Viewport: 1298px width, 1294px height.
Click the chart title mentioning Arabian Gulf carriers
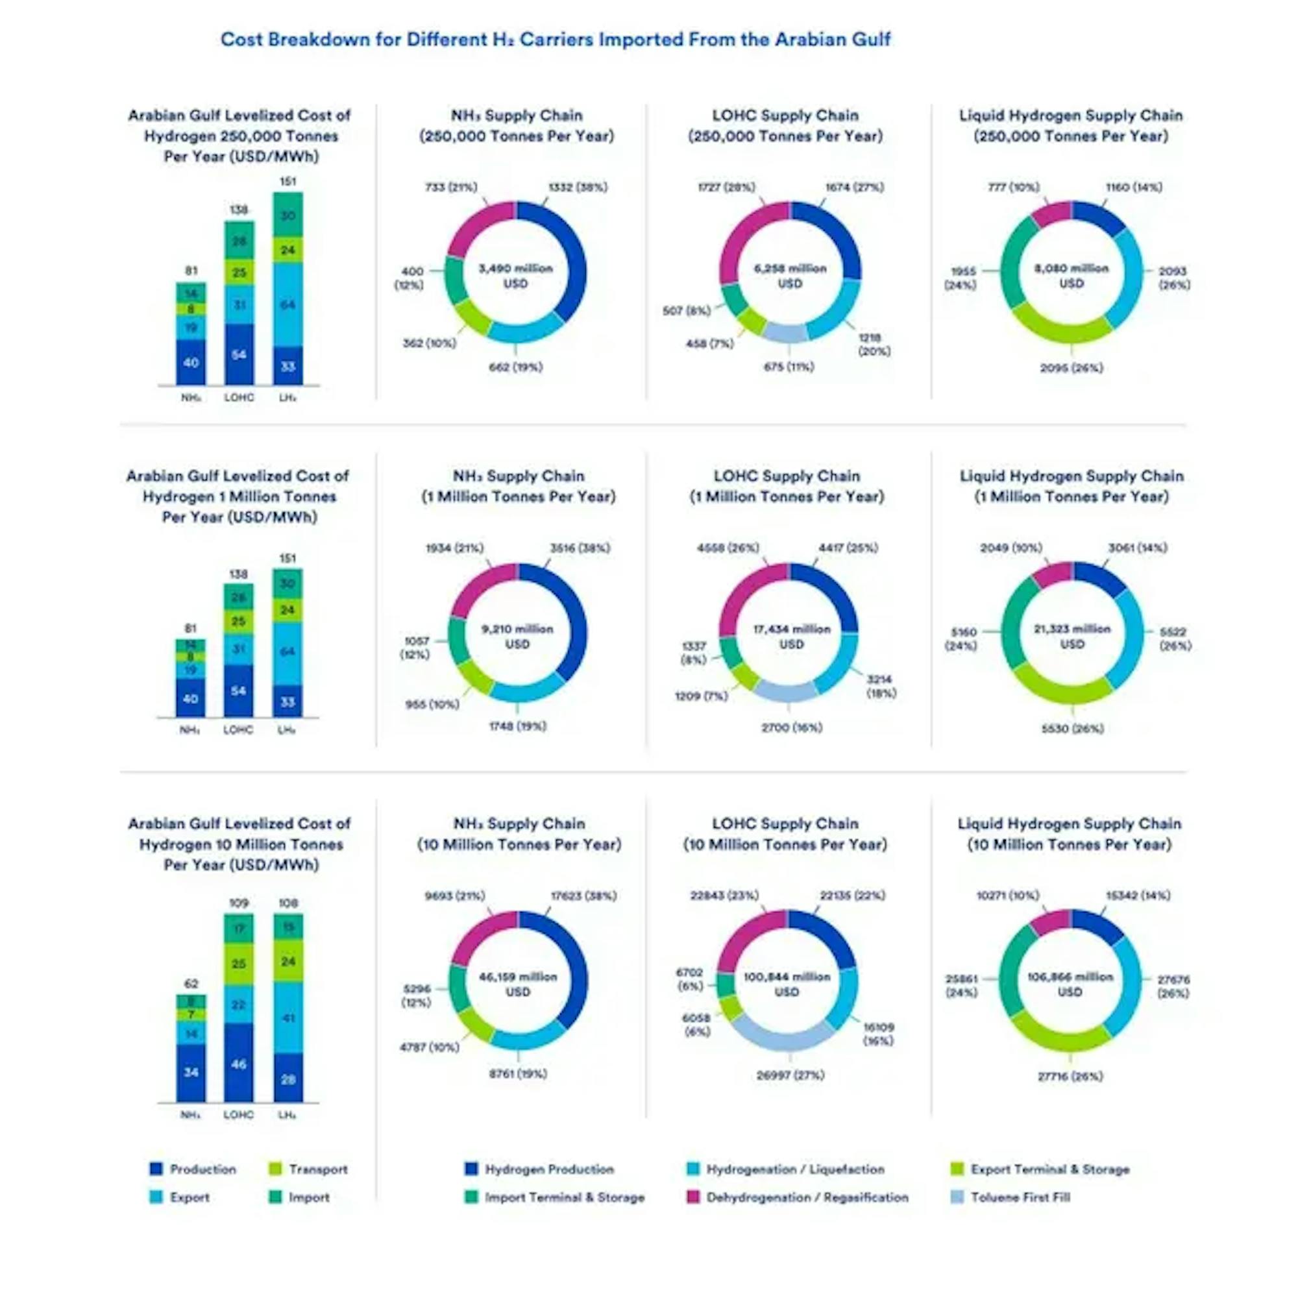pyautogui.click(x=555, y=40)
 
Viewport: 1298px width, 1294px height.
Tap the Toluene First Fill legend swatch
pyautogui.click(x=957, y=1197)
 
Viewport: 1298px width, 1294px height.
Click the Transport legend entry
pyautogui.click(x=308, y=1169)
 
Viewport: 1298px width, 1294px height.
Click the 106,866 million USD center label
pyautogui.click(x=1070, y=984)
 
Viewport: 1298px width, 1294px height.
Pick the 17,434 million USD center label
pyautogui.click(x=791, y=636)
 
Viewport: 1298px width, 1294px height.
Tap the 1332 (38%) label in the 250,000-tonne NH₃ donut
pyautogui.click(x=578, y=187)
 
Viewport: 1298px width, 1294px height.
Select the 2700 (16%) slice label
pyautogui.click(x=791, y=727)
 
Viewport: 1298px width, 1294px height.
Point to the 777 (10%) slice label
pyautogui.click(x=1013, y=187)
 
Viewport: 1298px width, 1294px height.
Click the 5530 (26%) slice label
pyautogui.click(x=1072, y=728)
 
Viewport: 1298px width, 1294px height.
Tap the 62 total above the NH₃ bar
pyautogui.click(x=191, y=984)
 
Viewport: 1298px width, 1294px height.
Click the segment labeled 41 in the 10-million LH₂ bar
pyautogui.click(x=288, y=1018)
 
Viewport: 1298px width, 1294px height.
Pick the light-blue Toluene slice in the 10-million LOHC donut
pyautogui.click(x=783, y=1034)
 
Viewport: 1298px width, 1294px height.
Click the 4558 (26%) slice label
pyautogui.click(x=728, y=548)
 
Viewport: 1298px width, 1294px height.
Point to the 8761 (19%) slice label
pyautogui.click(x=518, y=1073)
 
